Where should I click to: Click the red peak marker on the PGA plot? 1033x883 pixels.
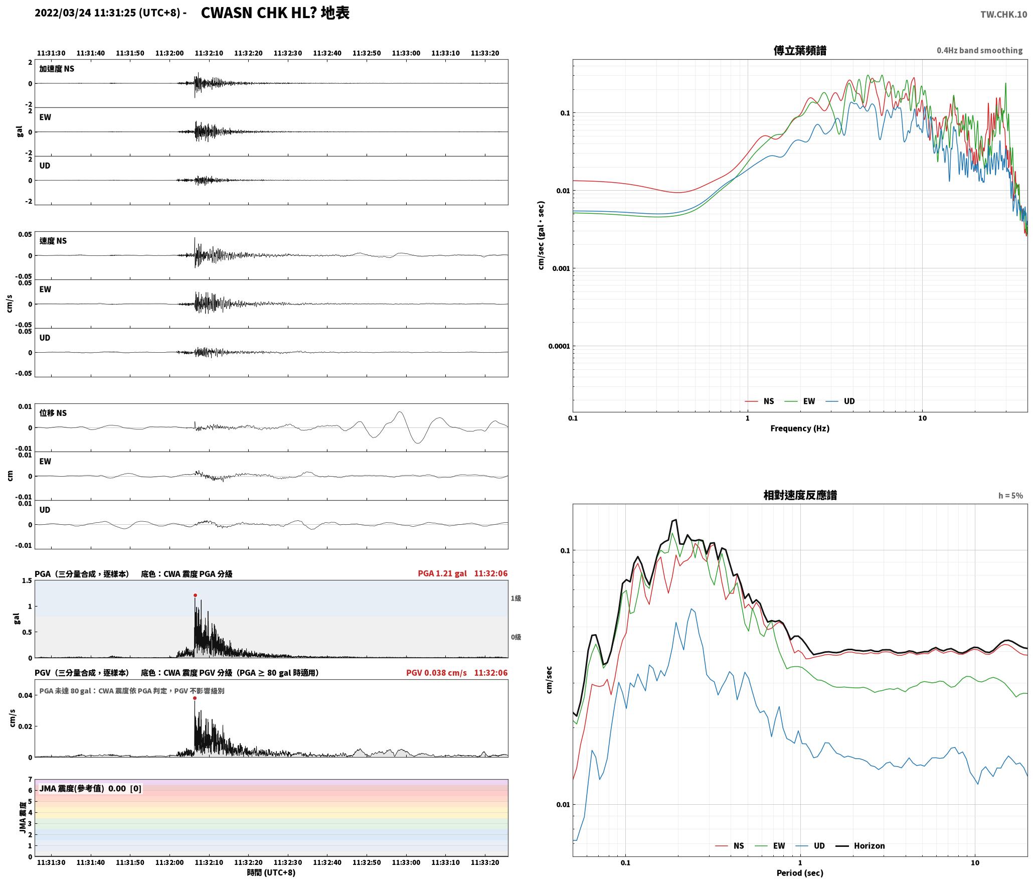(195, 596)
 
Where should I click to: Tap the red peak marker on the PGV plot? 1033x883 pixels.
(195, 698)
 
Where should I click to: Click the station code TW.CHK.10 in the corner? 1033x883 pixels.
(1003, 15)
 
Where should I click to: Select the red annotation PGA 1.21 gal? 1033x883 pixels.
(442, 573)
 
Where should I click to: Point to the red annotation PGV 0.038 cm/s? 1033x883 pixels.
(436, 673)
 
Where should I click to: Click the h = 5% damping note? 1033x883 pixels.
(1010, 496)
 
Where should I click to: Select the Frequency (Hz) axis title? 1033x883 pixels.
(800, 428)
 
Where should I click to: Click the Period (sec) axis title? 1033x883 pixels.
(800, 873)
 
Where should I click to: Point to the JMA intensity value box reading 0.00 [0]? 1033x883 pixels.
(90, 789)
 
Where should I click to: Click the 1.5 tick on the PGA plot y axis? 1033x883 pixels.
(27, 581)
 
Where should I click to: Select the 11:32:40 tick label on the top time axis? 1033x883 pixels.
(327, 53)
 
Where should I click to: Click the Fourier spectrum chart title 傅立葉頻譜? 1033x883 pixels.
(800, 51)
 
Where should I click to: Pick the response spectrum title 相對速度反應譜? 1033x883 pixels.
(800, 495)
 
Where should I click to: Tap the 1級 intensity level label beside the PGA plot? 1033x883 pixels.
(516, 599)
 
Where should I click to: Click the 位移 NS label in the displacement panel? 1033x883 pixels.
(53, 413)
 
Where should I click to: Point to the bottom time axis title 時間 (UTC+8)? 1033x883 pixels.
(271, 873)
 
